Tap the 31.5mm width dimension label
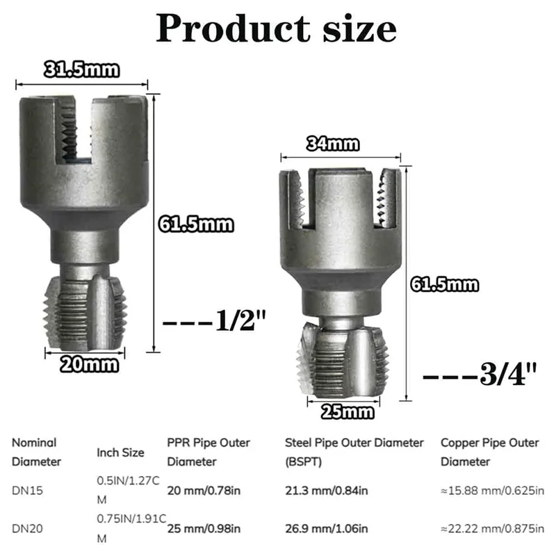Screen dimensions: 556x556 (81, 69)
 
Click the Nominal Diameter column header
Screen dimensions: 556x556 (36, 452)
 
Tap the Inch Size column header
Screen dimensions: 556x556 (120, 452)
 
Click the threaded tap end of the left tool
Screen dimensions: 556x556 (85, 313)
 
